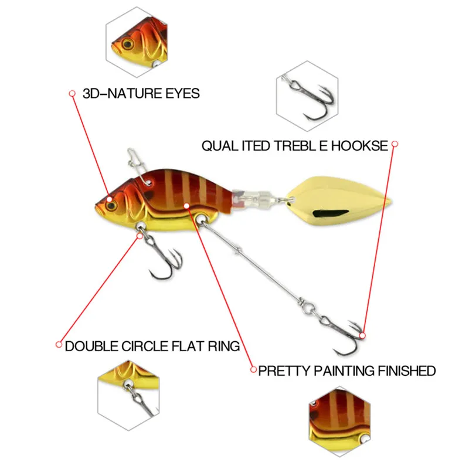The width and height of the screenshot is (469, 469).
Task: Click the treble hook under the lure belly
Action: point(164,261)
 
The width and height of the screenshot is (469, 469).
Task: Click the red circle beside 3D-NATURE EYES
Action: point(73,93)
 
